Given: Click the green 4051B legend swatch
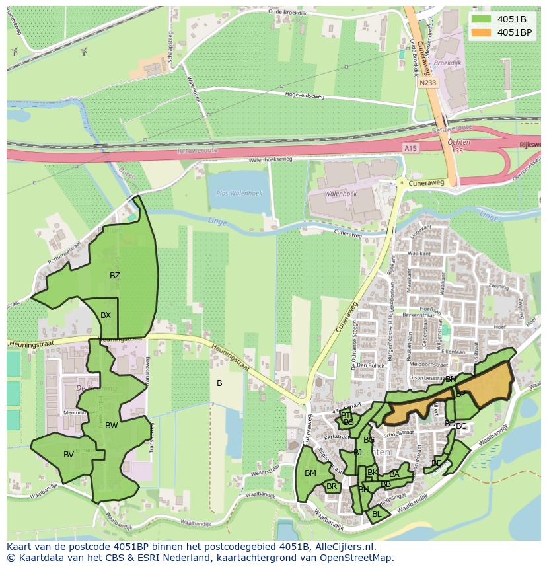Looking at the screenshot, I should (481, 19).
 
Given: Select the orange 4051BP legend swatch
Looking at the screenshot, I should (481, 32).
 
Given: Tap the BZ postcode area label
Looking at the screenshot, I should (115, 276).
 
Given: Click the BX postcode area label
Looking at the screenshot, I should (106, 315).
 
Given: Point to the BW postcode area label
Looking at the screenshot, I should (111, 426).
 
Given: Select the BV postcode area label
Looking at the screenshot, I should (69, 455).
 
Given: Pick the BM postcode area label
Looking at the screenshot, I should (310, 473).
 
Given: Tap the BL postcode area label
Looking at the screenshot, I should (377, 513).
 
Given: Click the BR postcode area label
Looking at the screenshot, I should (332, 486).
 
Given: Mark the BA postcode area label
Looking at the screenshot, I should (394, 474).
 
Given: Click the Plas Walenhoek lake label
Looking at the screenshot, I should (238, 193).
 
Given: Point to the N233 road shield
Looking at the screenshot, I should (427, 83).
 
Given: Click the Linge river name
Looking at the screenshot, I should (216, 222).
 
